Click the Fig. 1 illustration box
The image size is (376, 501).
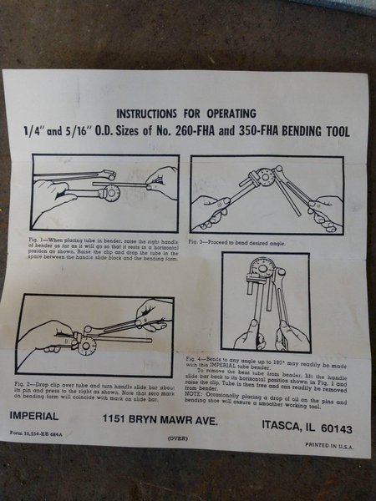click(x=105, y=193)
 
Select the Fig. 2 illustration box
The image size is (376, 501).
click(x=94, y=335)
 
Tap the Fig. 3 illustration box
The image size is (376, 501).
click(x=267, y=195)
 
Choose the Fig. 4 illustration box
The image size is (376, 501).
click(x=265, y=301)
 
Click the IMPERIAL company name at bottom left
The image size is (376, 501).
click(x=35, y=415)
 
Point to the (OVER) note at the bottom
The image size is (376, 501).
click(x=177, y=438)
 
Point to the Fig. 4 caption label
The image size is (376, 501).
click(x=197, y=357)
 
